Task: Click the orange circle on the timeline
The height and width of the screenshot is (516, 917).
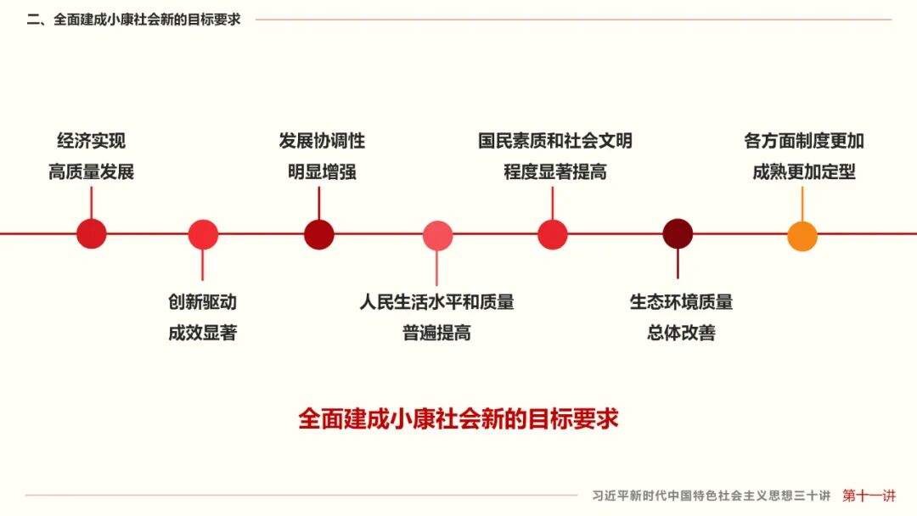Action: click(x=802, y=235)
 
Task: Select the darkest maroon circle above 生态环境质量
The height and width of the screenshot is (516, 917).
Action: click(x=678, y=233)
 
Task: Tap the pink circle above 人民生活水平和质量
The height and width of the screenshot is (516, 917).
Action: click(x=437, y=235)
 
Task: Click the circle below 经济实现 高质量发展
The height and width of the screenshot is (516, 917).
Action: click(x=91, y=233)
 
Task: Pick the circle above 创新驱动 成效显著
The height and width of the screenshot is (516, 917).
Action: click(x=203, y=234)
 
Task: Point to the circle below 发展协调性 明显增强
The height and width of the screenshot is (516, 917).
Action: click(x=319, y=233)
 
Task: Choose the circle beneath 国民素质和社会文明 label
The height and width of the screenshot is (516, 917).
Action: click(x=552, y=234)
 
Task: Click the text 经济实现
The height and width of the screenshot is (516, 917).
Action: click(x=91, y=141)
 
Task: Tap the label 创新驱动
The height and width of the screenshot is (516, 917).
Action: click(x=202, y=301)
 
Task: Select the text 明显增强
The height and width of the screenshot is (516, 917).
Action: click(x=322, y=171)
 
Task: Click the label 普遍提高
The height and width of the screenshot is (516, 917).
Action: click(x=436, y=333)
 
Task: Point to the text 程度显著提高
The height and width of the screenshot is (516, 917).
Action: click(x=554, y=171)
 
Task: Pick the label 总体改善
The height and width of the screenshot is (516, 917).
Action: click(x=681, y=333)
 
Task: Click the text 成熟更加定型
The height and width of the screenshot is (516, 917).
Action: click(x=803, y=171)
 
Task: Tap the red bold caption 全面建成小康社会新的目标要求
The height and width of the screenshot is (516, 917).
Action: click(x=458, y=418)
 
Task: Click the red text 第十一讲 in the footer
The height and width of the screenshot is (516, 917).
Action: click(x=869, y=496)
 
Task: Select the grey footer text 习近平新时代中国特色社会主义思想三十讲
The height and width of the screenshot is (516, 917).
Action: click(x=711, y=496)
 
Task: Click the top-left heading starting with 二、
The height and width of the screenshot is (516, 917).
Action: click(x=134, y=20)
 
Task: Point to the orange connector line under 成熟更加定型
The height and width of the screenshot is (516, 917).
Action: click(x=802, y=203)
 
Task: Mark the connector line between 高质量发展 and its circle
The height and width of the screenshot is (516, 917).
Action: click(x=91, y=202)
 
